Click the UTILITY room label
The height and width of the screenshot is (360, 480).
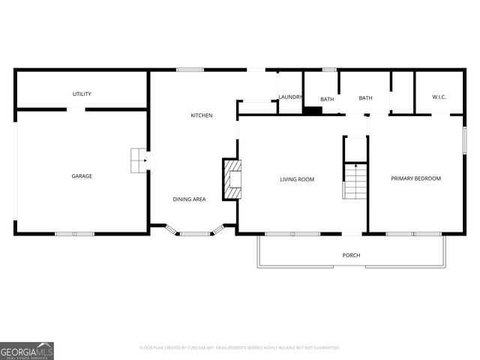82,94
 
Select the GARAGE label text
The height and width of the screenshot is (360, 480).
82,176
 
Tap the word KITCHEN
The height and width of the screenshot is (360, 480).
201,115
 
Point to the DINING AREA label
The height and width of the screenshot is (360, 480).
189,199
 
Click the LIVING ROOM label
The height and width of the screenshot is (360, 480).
297,179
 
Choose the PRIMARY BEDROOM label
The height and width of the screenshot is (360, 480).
415,178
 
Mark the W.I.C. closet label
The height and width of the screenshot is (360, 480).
439,97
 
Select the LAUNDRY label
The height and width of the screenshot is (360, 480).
289,97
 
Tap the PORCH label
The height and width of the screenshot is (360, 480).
351,255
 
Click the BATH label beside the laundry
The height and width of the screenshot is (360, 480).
327,99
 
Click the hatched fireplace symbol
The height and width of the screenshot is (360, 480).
232,180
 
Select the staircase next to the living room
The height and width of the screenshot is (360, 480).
355,182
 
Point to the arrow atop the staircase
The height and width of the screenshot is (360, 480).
355,165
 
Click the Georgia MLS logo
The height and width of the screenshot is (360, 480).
27,350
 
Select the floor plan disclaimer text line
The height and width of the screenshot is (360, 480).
240,348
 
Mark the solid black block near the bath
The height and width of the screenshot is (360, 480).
312,111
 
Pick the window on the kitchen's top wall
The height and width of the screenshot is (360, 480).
190,70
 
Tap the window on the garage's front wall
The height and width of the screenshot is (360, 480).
74,233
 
